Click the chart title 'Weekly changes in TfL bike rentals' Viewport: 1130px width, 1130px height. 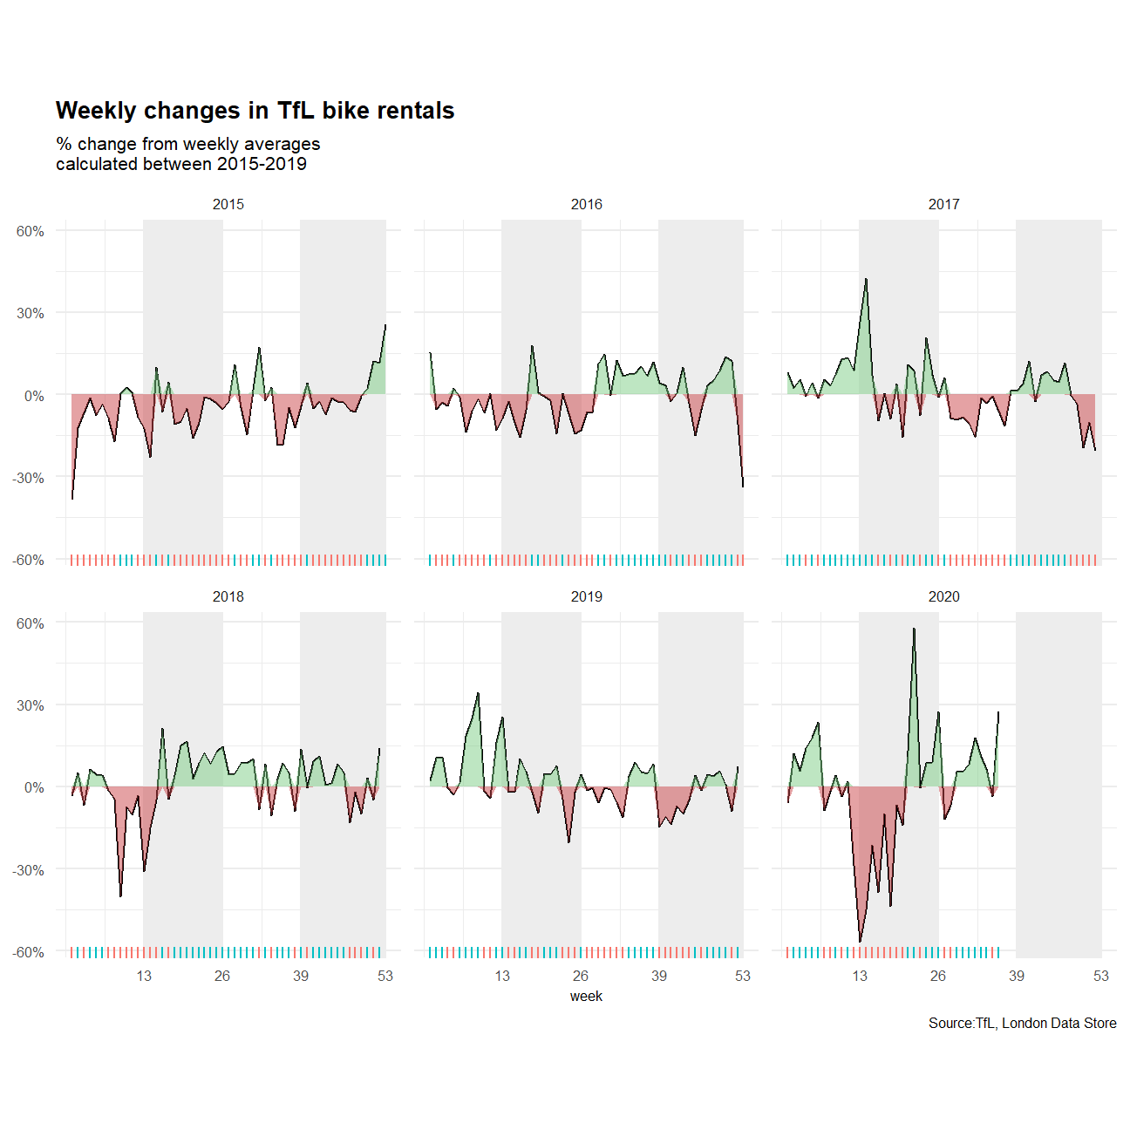click(x=255, y=111)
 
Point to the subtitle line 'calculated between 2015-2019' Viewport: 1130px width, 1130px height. click(x=181, y=164)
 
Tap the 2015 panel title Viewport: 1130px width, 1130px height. click(x=228, y=204)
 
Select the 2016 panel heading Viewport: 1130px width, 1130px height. click(x=586, y=204)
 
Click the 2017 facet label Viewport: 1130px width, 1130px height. click(x=943, y=204)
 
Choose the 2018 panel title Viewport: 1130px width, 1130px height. click(x=228, y=596)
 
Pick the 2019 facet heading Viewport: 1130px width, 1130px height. click(x=586, y=596)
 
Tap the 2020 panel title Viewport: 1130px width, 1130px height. click(x=943, y=596)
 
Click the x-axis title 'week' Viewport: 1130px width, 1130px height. click(x=586, y=996)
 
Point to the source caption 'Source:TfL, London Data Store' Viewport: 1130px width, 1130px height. click(x=1022, y=1023)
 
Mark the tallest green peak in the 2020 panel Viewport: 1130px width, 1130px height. click(x=914, y=629)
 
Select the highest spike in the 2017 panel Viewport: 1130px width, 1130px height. click(x=866, y=279)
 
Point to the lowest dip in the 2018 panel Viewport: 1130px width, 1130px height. click(x=120, y=895)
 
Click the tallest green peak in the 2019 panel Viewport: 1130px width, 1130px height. click(x=478, y=693)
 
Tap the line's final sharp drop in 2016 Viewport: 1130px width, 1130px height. click(x=743, y=486)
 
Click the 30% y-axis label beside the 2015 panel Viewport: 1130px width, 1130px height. click(x=31, y=313)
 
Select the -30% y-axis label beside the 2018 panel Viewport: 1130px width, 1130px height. click(x=29, y=870)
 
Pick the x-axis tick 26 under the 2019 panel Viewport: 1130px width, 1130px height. click(x=581, y=976)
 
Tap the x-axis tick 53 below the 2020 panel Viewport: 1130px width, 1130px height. click(x=1100, y=976)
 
